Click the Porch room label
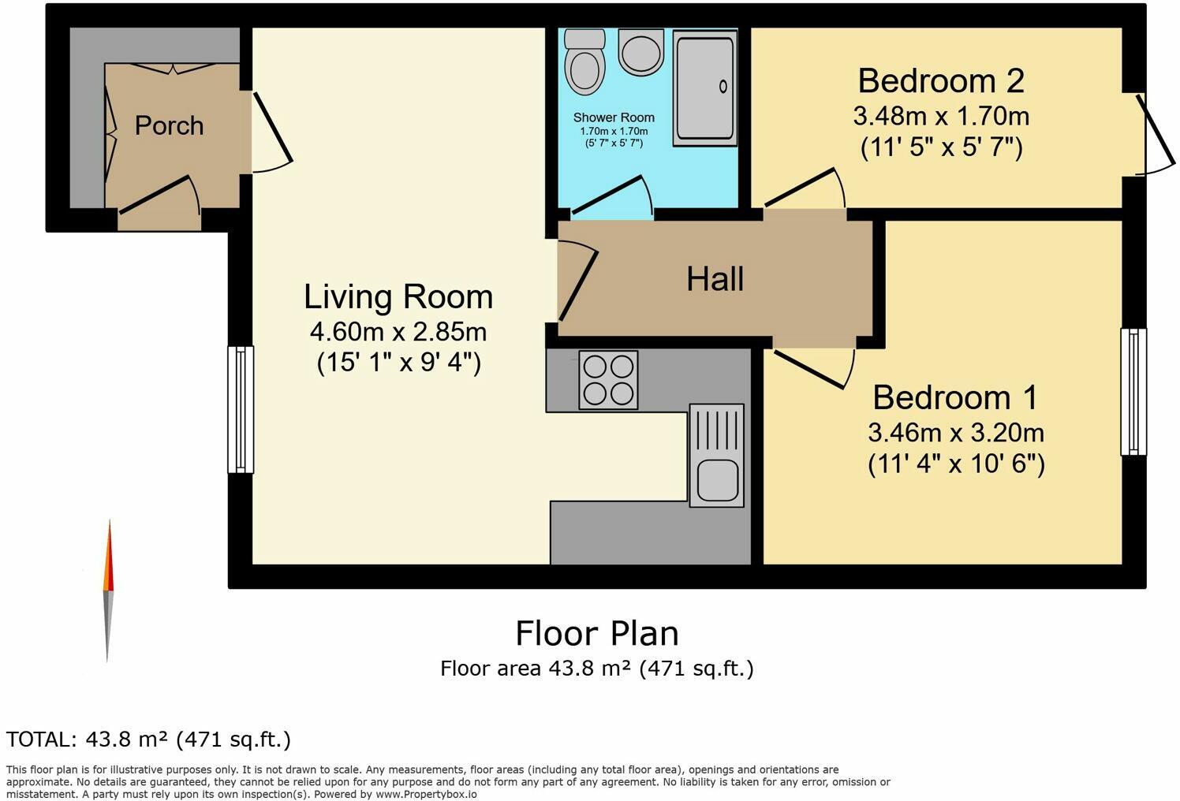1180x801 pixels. coord(169,125)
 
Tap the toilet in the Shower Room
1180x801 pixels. coord(584,64)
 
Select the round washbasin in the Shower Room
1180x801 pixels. coord(640,52)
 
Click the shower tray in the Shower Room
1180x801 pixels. coord(704,88)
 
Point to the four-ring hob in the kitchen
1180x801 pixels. coord(608,380)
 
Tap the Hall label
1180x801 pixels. coord(715,279)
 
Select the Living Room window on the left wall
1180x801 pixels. coord(241,409)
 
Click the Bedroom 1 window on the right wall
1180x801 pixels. coord(1133,392)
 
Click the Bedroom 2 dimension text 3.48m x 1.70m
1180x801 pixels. coord(941,117)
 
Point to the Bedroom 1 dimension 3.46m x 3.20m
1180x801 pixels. coord(956,433)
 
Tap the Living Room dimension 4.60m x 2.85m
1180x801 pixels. coord(398,330)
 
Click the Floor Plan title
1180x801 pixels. coord(596,633)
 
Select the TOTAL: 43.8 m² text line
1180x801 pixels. coord(148,740)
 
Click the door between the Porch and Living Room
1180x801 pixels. coord(271,132)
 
